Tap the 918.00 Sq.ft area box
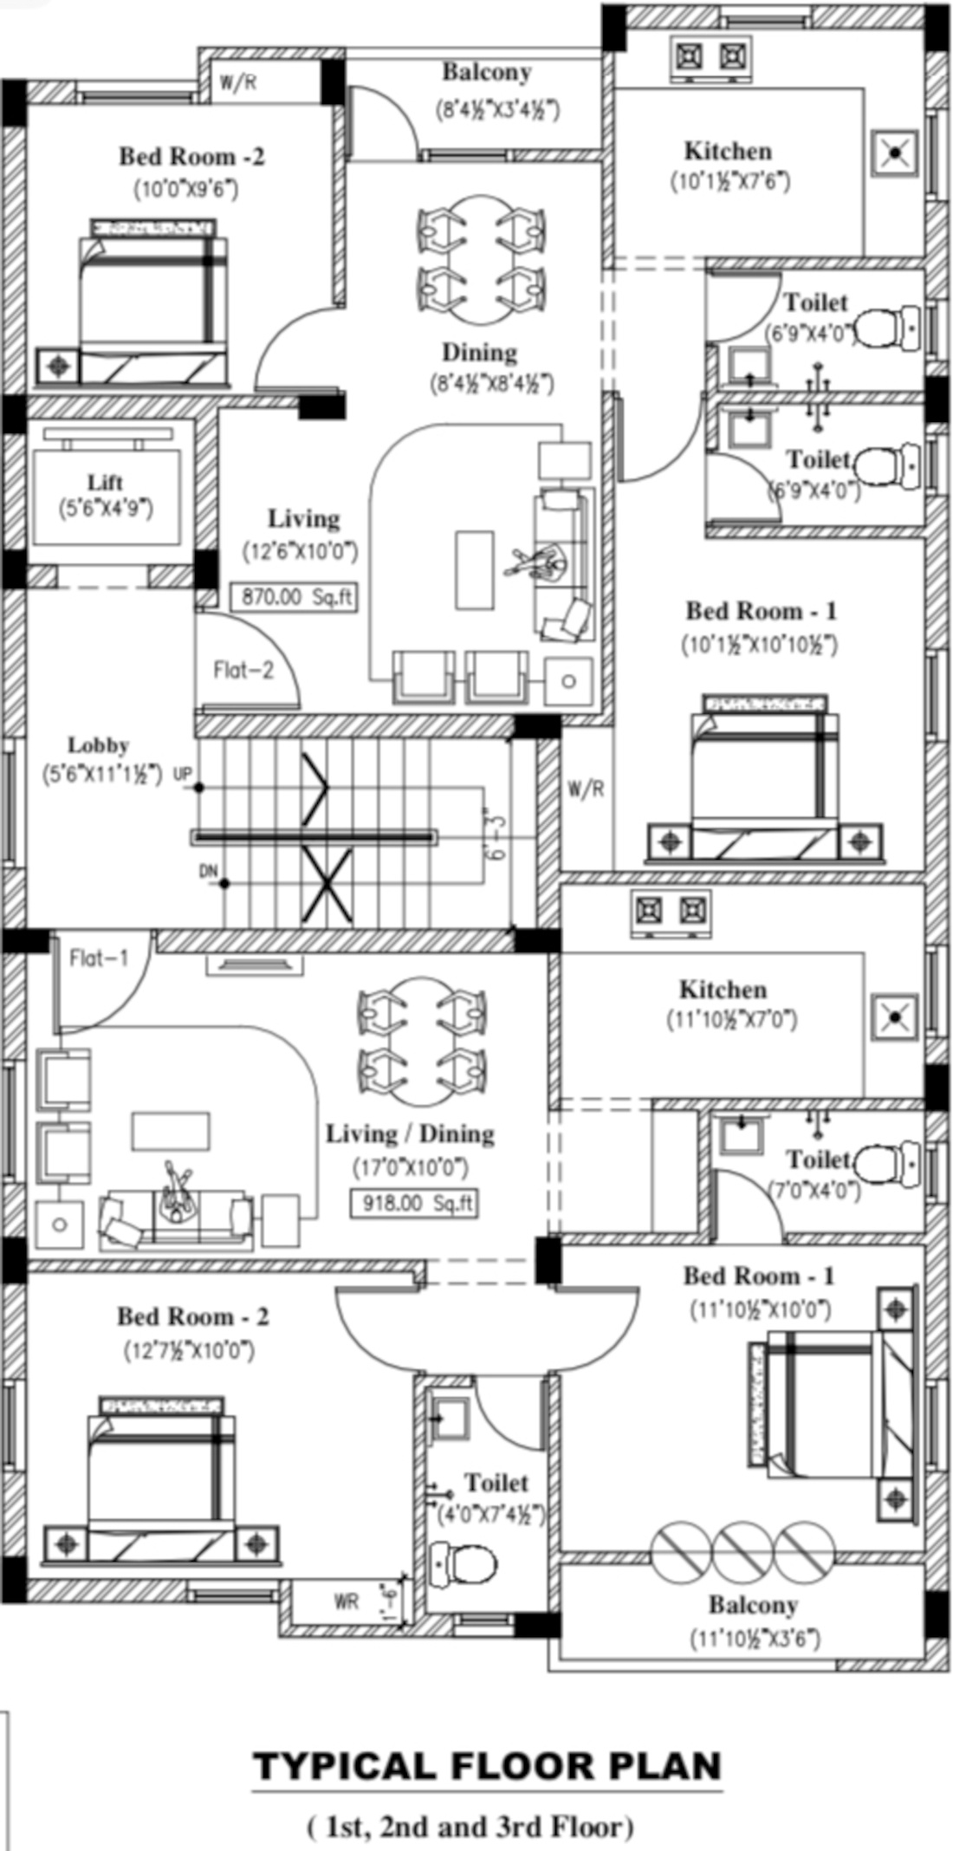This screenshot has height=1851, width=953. pos(414,1204)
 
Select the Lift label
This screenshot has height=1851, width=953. pos(105,482)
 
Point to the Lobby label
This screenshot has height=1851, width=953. pos(99,745)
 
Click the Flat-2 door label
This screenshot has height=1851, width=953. pos(243,670)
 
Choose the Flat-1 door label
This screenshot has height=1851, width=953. pos(99,958)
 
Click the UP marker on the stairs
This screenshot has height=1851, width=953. pos(183,774)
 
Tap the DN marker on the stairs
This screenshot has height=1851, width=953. pos(209,871)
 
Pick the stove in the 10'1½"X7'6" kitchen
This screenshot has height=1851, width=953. pos(710,55)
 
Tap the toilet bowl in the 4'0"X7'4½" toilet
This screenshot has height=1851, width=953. pos(464,1563)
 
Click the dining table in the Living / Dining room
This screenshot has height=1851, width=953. pos(421,1041)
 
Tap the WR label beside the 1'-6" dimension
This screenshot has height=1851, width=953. pos(346,1601)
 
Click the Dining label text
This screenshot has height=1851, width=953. pos(479,352)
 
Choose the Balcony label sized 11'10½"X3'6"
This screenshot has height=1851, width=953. pos(753,1605)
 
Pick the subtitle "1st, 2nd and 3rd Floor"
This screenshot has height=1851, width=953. pos(470,1828)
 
